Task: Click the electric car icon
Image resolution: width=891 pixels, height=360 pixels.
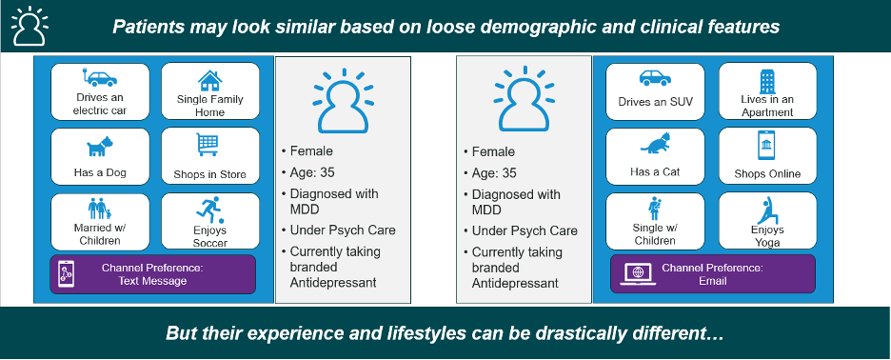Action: tap(99, 78)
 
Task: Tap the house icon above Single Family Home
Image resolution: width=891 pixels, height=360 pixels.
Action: tap(209, 80)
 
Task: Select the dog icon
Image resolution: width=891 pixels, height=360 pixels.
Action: tap(100, 147)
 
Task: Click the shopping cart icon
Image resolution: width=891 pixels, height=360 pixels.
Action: tap(208, 145)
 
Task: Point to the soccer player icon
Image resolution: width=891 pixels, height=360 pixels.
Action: tap(209, 209)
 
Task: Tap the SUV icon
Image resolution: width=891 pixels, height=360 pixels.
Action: tap(655, 78)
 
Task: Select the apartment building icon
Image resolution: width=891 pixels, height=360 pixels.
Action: tap(767, 81)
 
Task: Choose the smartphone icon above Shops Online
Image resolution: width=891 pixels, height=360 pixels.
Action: tap(766, 145)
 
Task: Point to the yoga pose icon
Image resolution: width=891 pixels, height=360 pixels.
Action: tap(767, 210)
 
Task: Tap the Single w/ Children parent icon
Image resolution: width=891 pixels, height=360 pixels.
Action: tap(656, 209)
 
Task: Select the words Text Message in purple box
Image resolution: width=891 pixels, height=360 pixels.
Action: tap(152, 281)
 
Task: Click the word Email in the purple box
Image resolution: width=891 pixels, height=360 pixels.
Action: tap(713, 281)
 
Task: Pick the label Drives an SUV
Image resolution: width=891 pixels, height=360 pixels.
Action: tap(655, 102)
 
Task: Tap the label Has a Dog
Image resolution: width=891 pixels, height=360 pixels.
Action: tap(100, 172)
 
